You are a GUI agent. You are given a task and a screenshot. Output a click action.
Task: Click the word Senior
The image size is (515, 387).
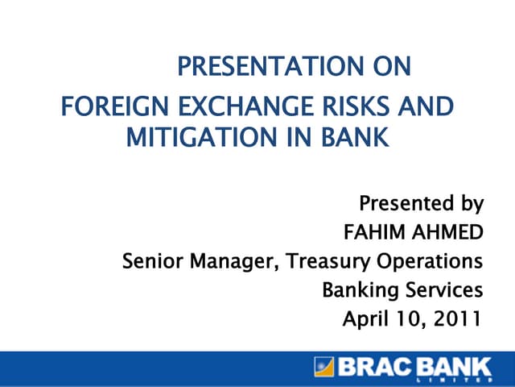150,262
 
